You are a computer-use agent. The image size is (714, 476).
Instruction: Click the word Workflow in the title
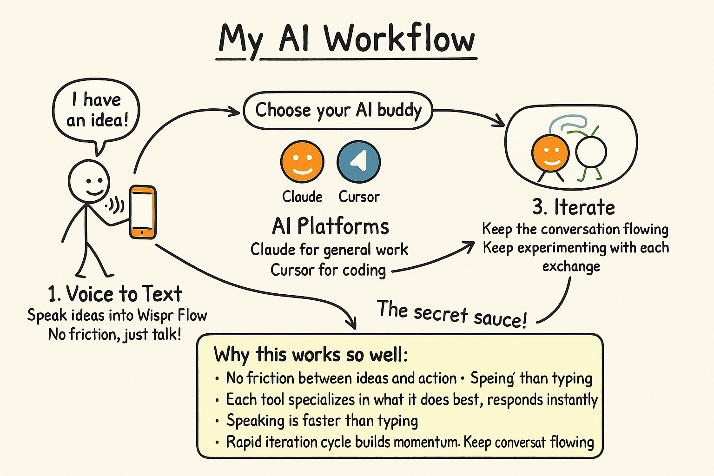click(x=400, y=39)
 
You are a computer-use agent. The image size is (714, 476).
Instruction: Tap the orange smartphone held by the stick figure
click(x=143, y=212)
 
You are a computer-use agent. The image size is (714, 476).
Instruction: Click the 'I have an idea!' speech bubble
click(x=97, y=110)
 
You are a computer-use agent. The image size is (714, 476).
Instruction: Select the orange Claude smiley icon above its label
click(x=302, y=161)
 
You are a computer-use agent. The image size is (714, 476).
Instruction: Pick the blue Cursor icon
click(x=358, y=161)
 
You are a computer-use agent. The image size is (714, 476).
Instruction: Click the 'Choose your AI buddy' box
click(x=338, y=111)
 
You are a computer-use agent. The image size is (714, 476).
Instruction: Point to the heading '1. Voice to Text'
click(x=115, y=294)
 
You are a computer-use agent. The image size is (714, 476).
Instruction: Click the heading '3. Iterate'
click(x=574, y=207)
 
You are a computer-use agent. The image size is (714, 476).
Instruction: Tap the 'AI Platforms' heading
click(x=331, y=226)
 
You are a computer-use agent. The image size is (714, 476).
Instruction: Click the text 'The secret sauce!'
click(x=452, y=314)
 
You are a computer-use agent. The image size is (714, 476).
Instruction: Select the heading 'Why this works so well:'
click(x=311, y=355)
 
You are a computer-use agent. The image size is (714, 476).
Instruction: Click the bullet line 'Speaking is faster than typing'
click(x=322, y=421)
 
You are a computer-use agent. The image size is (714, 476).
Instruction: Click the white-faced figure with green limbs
click(x=591, y=152)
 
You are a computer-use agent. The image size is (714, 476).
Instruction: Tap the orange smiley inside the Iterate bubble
click(x=550, y=152)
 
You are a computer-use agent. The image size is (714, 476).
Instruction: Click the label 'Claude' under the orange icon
click(x=302, y=197)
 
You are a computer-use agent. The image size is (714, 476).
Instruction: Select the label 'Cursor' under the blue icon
click(x=359, y=197)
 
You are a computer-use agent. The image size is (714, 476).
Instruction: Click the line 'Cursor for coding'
click(x=328, y=270)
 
